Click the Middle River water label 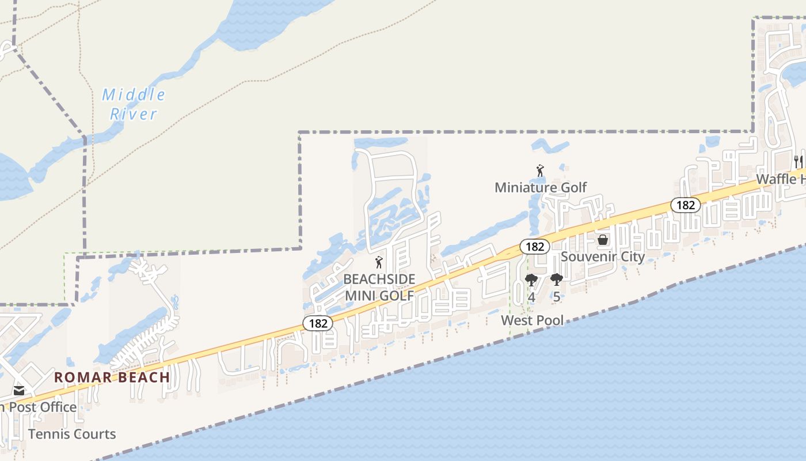pyautogui.click(x=134, y=104)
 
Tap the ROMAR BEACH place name pyautogui.click(x=112, y=378)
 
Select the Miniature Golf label pyautogui.click(x=541, y=187)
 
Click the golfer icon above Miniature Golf pyautogui.click(x=540, y=171)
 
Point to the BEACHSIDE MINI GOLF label pyautogui.click(x=379, y=288)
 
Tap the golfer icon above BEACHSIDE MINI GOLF pyautogui.click(x=379, y=263)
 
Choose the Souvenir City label pyautogui.click(x=603, y=256)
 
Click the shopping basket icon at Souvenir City pyautogui.click(x=603, y=239)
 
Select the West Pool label pyautogui.click(x=532, y=320)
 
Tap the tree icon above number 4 pyautogui.click(x=531, y=281)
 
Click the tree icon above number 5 pyautogui.click(x=556, y=281)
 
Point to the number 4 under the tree pyautogui.click(x=531, y=297)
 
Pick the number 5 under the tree pyautogui.click(x=556, y=297)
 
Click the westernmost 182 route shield pyautogui.click(x=318, y=323)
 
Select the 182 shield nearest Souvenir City pyautogui.click(x=535, y=247)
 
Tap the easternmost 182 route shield pyautogui.click(x=685, y=205)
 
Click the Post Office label pyautogui.click(x=40, y=407)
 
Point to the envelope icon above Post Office pyautogui.click(x=19, y=391)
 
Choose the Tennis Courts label pyautogui.click(x=72, y=434)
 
